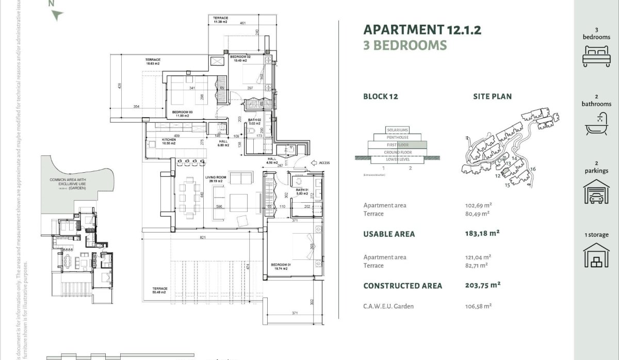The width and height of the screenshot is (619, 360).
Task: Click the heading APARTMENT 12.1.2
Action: coord(422,29)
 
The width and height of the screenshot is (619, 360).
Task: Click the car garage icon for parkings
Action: coord(596,192)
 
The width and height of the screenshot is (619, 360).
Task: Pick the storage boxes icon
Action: coord(596,256)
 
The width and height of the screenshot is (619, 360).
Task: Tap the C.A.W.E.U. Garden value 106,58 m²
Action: coord(478,306)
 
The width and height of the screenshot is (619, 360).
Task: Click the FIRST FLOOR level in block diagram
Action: coord(397,145)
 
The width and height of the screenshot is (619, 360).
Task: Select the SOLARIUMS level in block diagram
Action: coord(397,129)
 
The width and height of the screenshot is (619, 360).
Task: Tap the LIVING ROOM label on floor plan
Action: coord(214,178)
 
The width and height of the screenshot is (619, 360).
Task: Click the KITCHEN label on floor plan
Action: coord(169,140)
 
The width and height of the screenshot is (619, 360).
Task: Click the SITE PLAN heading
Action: coord(492,96)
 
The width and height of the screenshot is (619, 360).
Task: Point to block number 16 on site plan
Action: coord(533,169)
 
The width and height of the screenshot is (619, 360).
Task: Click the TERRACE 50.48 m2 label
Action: coord(159,290)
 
